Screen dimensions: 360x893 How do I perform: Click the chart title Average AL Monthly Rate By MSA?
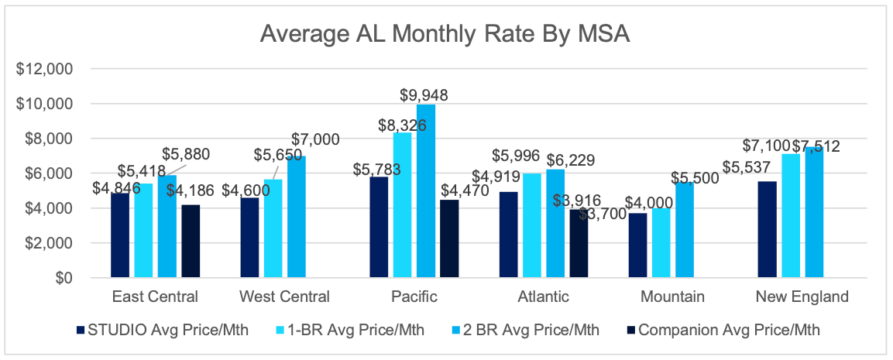[x=447, y=34]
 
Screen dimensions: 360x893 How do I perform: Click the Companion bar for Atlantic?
[x=578, y=243]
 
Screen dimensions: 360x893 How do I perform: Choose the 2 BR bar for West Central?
[x=297, y=216]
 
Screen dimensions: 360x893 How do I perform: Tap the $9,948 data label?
[x=424, y=95]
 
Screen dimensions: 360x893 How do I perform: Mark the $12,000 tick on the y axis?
[x=44, y=69]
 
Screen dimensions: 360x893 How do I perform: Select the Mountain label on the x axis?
[x=672, y=297]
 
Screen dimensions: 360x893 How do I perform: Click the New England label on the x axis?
[x=801, y=297]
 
